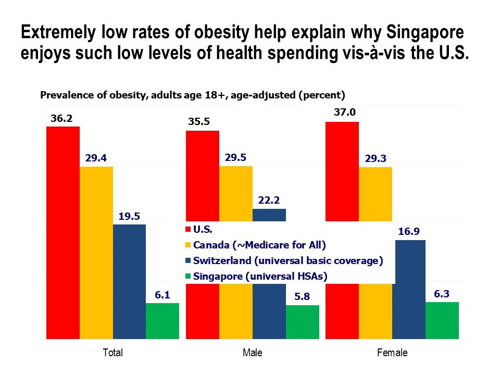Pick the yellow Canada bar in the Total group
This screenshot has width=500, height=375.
pyautogui.click(x=96, y=253)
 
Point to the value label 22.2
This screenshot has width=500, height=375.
pyautogui.click(x=269, y=199)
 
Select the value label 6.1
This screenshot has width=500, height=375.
pyautogui.click(x=163, y=294)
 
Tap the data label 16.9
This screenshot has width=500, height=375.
pyautogui.click(x=408, y=231)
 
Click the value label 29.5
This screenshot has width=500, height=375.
pyautogui.click(x=235, y=157)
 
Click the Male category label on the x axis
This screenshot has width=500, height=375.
pyautogui.click(x=253, y=353)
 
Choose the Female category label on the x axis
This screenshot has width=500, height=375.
pyautogui.click(x=392, y=353)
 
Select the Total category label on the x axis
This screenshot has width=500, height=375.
pyautogui.click(x=113, y=353)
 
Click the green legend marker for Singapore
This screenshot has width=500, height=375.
pyautogui.click(x=189, y=277)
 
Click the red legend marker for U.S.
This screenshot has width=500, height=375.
pyautogui.click(x=189, y=229)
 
